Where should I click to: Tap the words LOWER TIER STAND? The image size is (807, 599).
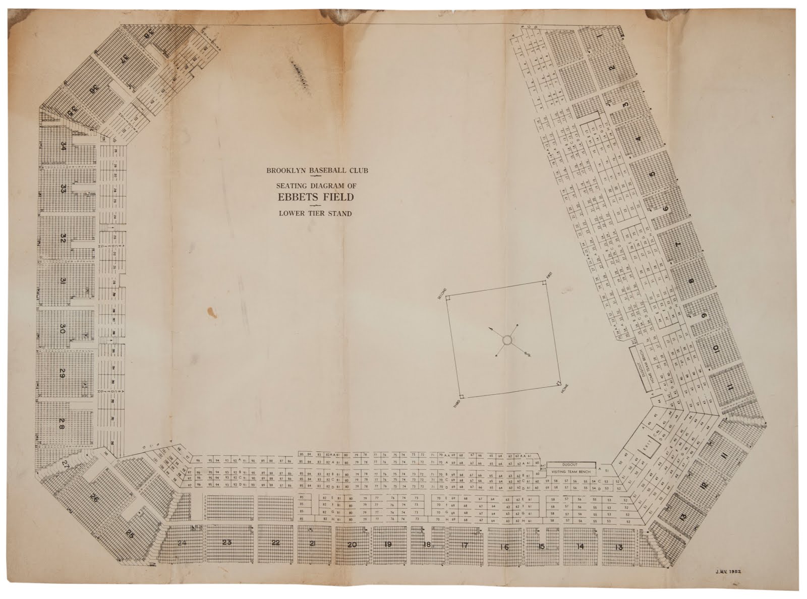coord(316,213)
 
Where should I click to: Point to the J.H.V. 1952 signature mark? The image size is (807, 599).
coord(730,573)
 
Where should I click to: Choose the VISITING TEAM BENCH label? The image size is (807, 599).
coord(571,472)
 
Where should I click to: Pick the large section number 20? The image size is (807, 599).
coord(352,545)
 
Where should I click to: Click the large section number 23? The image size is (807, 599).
coord(226,543)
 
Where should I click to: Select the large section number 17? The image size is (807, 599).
coord(465,545)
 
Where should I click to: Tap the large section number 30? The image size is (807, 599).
coord(63,329)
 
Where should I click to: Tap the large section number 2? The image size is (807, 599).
coord(612,69)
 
